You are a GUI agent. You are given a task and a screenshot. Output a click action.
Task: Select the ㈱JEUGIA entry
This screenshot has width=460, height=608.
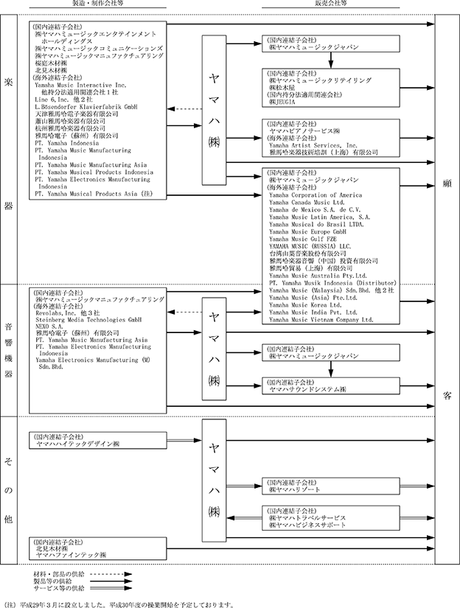click(x=288, y=102)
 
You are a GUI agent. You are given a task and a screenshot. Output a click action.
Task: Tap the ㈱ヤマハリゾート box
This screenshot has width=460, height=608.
click(x=296, y=489)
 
